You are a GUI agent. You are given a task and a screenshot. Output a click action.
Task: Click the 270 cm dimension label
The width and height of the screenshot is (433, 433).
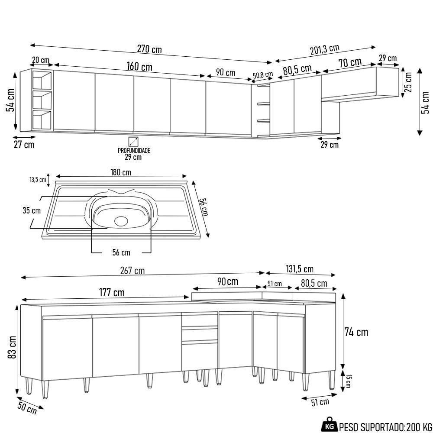coord(149,49)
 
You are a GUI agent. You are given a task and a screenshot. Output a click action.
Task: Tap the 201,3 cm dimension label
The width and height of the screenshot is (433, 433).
coord(324,50)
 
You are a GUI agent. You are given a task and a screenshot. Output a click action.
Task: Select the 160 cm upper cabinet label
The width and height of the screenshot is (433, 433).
coord(139,67)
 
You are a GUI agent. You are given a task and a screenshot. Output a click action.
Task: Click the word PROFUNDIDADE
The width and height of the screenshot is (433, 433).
coord(134,151)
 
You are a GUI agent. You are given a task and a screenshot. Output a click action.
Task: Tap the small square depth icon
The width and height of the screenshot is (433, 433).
coord(133,141)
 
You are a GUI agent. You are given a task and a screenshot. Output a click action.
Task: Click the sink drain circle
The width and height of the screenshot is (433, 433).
coord(122,221)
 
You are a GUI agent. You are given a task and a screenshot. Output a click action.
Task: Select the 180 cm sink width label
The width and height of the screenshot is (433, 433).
coord(121,172)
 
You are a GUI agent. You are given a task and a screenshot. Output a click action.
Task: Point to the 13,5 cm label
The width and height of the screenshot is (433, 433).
coord(38,179)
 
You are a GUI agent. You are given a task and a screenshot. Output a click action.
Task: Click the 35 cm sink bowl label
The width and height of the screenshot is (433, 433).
coord(32,211)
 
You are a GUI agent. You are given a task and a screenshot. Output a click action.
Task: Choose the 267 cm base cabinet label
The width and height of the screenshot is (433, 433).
coord(132,271)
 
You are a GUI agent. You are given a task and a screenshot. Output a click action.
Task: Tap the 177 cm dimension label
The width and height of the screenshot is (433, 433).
coord(112,293)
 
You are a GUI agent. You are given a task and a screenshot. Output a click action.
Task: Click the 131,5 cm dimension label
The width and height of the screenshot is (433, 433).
coord(300,269)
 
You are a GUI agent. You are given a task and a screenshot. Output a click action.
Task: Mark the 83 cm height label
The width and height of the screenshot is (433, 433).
coord(13,347)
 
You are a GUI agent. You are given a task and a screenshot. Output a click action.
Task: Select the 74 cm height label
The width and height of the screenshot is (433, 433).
coord(356,332)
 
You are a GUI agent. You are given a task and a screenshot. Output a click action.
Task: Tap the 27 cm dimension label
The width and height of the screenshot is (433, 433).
coord(24,145)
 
